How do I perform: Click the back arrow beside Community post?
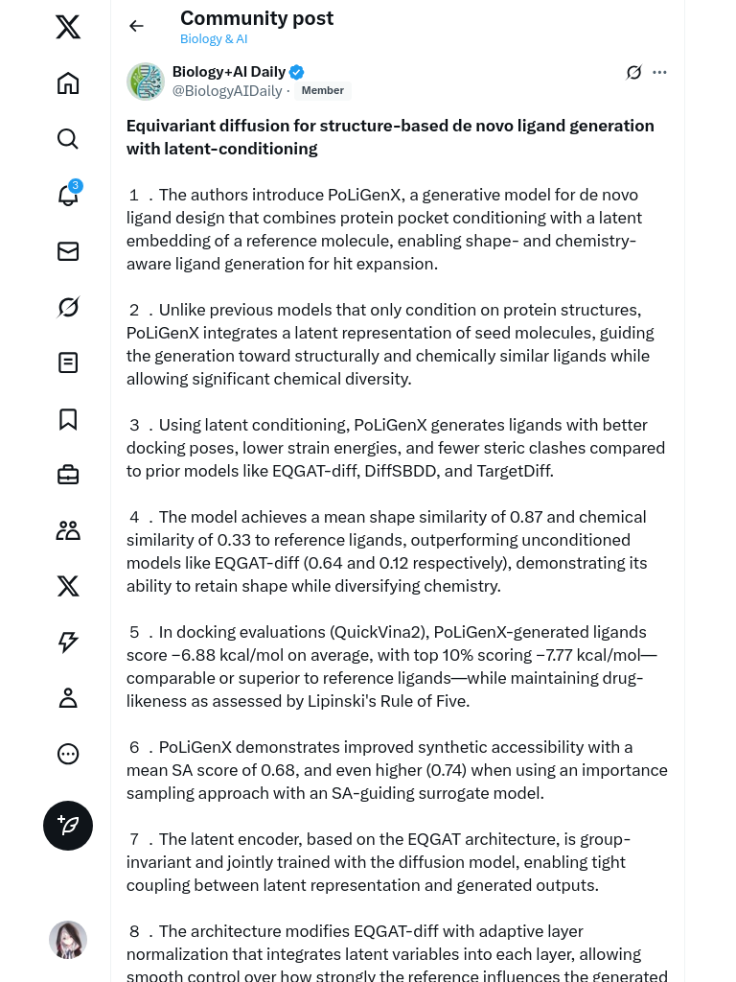(x=136, y=26)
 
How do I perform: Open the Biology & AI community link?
(x=214, y=39)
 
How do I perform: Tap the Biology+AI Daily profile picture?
(x=146, y=82)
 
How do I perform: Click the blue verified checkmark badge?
(x=297, y=72)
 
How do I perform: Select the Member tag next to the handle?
(x=322, y=91)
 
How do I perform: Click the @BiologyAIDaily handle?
(x=227, y=91)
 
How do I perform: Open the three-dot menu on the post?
(x=659, y=72)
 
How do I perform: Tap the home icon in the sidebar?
(x=68, y=83)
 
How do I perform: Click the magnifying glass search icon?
(x=68, y=139)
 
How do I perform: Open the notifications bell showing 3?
(x=68, y=195)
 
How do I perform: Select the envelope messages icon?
(x=68, y=251)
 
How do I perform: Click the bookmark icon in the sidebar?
(x=68, y=419)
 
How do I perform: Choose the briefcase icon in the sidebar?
(x=68, y=475)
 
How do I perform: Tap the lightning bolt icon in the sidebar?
(x=68, y=643)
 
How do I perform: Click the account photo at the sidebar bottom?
(x=68, y=940)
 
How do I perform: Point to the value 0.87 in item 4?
(x=526, y=517)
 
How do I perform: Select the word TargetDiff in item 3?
(x=515, y=471)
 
